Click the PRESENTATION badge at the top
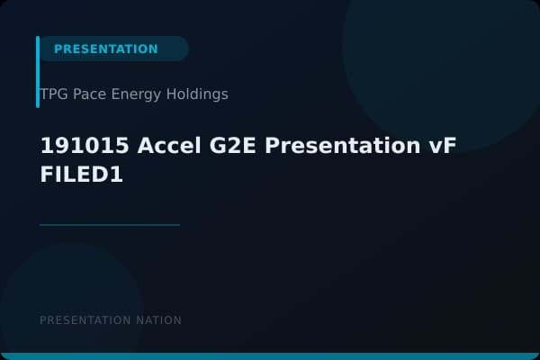point(106,49)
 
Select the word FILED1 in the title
point(81,176)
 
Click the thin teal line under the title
point(110,224)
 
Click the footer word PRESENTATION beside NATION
point(85,320)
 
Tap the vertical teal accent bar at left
point(38,72)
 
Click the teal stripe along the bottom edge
point(270,356)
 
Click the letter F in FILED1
point(47,176)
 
